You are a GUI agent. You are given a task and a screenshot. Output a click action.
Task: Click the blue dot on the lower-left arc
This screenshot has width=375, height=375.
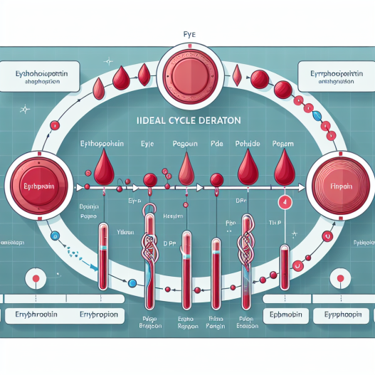[132, 283]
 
